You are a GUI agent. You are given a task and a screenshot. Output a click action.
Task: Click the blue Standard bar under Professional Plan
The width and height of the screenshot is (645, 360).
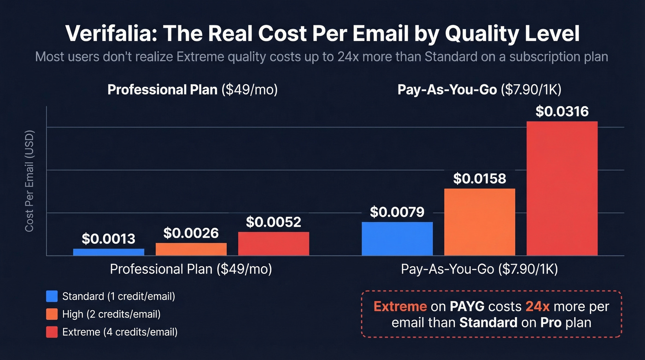[x=108, y=252]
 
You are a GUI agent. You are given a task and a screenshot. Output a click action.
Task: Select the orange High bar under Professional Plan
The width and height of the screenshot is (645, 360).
[x=191, y=249]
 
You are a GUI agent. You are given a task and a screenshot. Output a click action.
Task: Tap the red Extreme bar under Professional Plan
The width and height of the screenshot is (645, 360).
[x=273, y=244]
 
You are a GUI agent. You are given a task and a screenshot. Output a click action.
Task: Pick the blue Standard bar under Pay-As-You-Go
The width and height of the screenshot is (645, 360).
[x=397, y=239]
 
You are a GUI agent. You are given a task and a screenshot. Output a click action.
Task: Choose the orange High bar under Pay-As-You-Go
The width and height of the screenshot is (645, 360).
[x=480, y=222]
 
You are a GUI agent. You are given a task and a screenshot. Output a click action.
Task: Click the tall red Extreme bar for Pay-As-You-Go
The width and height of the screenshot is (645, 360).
[x=562, y=189]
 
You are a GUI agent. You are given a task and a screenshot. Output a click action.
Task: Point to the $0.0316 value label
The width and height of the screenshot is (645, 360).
[x=562, y=112]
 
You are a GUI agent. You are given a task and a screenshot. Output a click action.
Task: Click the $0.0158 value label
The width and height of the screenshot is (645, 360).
[x=480, y=178]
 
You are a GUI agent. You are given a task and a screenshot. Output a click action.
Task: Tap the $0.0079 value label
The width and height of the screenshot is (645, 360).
[x=397, y=212]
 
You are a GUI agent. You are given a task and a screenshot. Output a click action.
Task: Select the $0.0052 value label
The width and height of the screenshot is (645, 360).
[x=273, y=222]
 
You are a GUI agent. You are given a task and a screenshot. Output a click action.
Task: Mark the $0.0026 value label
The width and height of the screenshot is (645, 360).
[x=191, y=233]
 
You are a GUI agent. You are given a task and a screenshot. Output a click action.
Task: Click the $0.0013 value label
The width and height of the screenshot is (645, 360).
[x=108, y=239]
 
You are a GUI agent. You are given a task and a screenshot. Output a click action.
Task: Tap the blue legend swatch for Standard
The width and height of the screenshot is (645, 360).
[x=52, y=296]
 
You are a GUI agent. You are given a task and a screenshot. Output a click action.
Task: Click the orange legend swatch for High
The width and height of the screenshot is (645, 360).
[x=52, y=314]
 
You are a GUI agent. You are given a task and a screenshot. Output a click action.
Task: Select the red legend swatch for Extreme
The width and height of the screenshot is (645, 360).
[x=52, y=331]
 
